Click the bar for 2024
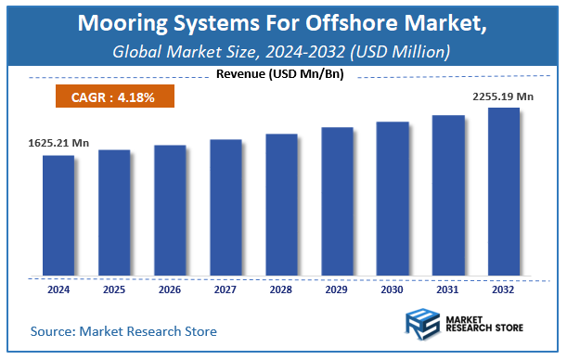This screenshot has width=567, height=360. pyautogui.click(x=58, y=215)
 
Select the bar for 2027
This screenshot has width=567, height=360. pyautogui.click(x=226, y=208)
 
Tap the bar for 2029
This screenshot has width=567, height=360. pyautogui.click(x=337, y=201)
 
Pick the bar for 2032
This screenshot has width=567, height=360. pyautogui.click(x=504, y=192)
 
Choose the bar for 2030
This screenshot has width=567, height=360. pyautogui.click(x=393, y=199)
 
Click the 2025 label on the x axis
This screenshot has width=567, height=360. pyautogui.click(x=114, y=289)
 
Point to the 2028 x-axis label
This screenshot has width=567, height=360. pyautogui.click(x=281, y=289)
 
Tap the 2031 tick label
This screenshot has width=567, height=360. pyautogui.click(x=448, y=289)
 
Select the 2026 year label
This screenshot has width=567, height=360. pyautogui.click(x=170, y=289)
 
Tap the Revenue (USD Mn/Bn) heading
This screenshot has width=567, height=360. pyautogui.click(x=278, y=74)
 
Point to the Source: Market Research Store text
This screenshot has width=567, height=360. pyautogui.click(x=123, y=330)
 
